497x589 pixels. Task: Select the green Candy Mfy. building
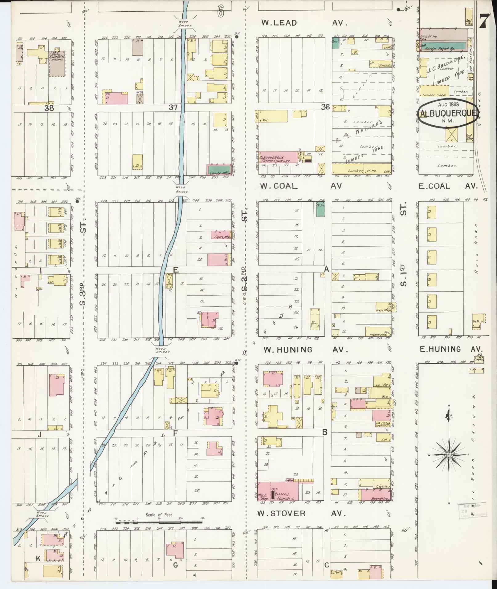[219, 170]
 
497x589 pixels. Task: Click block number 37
[173, 107]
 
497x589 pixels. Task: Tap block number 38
[49, 108]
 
